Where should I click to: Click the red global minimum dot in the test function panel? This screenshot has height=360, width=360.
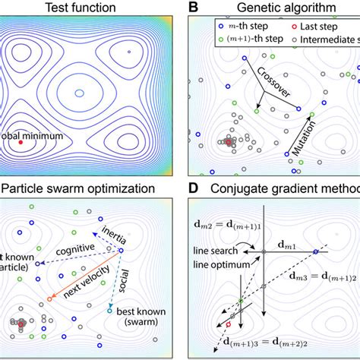click(x=21, y=142)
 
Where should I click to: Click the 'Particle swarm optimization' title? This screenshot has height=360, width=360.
click(x=84, y=188)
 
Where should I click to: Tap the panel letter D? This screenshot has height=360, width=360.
click(x=192, y=188)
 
